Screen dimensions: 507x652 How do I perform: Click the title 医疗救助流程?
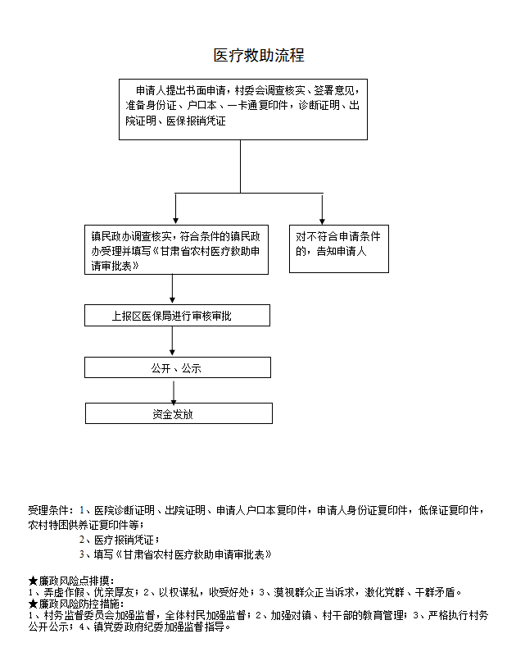[x=259, y=55]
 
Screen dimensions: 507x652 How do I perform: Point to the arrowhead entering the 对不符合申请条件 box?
[x=322, y=221]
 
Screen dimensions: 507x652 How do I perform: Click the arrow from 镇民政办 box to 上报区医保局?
[x=172, y=290]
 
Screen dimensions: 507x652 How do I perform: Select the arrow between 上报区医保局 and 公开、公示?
[x=172, y=341]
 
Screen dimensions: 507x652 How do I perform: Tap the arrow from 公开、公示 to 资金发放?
[x=174, y=391]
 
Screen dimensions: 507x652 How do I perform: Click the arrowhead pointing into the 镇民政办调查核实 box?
[x=175, y=221]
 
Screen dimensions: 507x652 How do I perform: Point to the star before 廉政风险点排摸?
[x=34, y=581]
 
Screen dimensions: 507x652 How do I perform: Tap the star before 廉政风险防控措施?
[x=34, y=604]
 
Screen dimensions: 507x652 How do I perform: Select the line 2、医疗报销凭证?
[x=119, y=540]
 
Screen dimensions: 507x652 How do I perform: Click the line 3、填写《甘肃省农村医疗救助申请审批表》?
[x=175, y=554]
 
